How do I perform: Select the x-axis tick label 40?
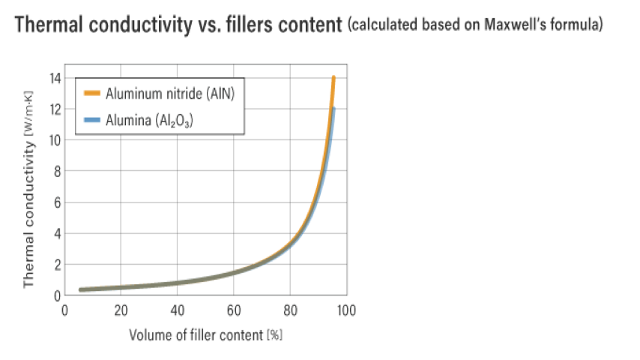point(177,309)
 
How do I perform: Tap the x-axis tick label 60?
point(233,309)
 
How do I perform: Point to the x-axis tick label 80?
point(289,309)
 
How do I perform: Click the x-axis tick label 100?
point(345,309)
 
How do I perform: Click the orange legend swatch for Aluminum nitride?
point(92,94)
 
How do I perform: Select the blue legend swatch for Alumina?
point(92,119)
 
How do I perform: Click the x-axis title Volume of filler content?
point(205,334)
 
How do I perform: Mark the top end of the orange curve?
point(333,77)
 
